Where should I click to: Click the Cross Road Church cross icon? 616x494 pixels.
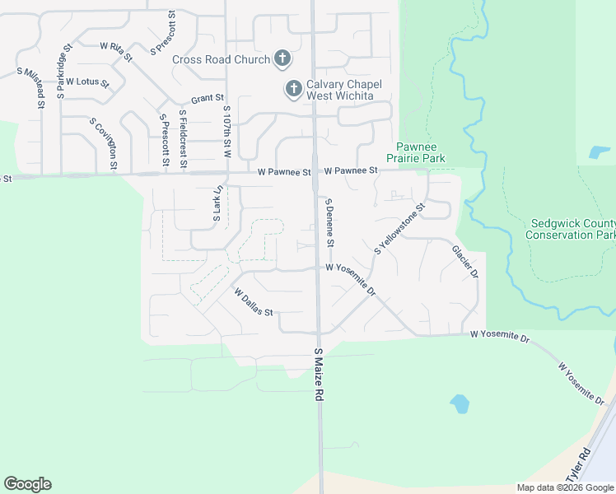click(282, 58)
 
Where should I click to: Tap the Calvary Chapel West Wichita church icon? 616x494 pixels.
click(292, 88)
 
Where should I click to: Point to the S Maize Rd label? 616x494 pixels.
click(318, 375)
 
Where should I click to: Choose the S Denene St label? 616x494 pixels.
click(329, 223)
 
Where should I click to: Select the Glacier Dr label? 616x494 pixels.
click(464, 261)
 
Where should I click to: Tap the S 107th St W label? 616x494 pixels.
click(225, 131)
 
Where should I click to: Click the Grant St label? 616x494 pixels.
click(208, 99)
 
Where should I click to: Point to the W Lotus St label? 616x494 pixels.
click(87, 82)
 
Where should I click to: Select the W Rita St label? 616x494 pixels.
click(115, 51)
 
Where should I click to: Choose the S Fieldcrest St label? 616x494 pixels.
click(182, 139)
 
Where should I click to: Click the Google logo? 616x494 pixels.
click(27, 484)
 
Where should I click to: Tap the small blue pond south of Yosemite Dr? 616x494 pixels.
click(459, 403)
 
